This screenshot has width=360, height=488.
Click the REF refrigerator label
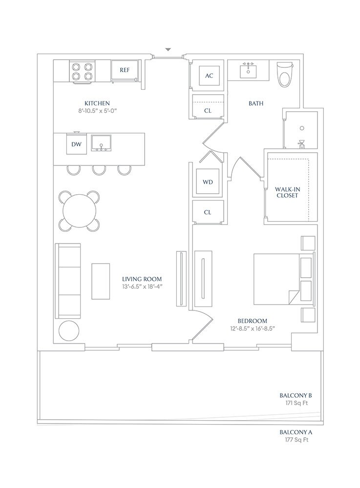coord(125,70)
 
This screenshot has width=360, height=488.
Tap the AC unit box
coord(209,76)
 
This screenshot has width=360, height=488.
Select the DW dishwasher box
coord(77,144)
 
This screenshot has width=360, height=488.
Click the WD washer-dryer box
coord(208,182)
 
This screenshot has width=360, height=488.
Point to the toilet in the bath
coord(285,74)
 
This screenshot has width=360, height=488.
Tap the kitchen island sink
coord(101,143)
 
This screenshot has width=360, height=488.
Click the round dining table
coord(80,211)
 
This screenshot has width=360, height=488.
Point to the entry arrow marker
coord(168,49)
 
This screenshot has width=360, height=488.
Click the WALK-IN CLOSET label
coord(287,192)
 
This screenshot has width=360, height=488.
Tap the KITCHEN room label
coord(97,103)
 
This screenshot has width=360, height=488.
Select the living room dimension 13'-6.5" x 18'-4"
coord(142,286)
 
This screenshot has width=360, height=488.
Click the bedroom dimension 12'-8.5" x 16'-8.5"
coord(252,328)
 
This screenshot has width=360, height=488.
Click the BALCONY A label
coord(296,432)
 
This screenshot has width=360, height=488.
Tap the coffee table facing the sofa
coord(101,281)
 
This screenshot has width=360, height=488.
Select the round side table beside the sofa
coord(69,330)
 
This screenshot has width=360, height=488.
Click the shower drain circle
coord(302,128)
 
